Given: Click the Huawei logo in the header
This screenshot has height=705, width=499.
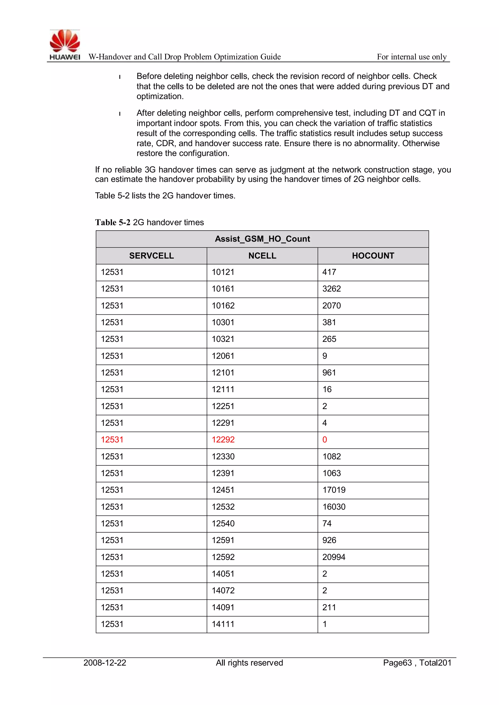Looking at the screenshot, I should click(65, 45).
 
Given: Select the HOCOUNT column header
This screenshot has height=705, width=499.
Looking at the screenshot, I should click(373, 256).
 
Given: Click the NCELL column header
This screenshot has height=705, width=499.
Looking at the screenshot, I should click(262, 256).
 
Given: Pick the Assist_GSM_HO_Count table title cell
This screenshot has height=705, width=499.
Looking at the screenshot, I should click(262, 239).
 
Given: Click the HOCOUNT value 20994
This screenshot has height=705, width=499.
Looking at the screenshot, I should click(334, 557).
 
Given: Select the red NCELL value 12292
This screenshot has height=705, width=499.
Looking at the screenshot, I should click(223, 440).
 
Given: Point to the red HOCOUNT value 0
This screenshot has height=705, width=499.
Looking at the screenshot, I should click(325, 440).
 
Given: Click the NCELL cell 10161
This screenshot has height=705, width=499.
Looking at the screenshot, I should click(223, 289).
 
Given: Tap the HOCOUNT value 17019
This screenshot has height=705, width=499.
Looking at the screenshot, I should click(334, 490).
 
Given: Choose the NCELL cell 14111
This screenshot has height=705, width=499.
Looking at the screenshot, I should click(223, 624).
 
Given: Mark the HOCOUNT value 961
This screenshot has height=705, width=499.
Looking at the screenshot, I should click(329, 373).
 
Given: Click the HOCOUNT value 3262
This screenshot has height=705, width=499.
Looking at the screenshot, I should click(332, 289).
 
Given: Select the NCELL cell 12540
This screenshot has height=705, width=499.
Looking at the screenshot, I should click(223, 524).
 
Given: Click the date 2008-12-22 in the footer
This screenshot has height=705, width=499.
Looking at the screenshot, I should click(105, 663).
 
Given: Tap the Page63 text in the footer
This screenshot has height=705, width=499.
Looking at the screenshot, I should click(397, 663).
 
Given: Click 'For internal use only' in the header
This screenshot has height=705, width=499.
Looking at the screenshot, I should click(412, 57).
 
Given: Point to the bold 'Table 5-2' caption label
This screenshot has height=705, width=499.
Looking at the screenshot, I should click(113, 222).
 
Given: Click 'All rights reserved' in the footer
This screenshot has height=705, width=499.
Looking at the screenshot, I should click(249, 663).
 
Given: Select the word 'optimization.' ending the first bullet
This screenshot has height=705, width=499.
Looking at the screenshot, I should click(160, 96).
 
